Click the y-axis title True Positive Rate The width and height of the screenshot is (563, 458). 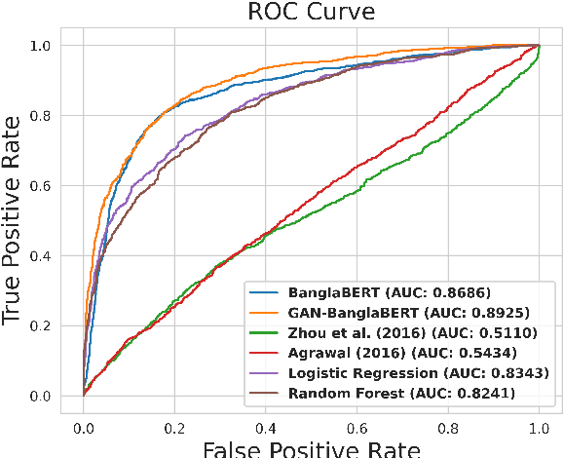click(15, 220)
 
